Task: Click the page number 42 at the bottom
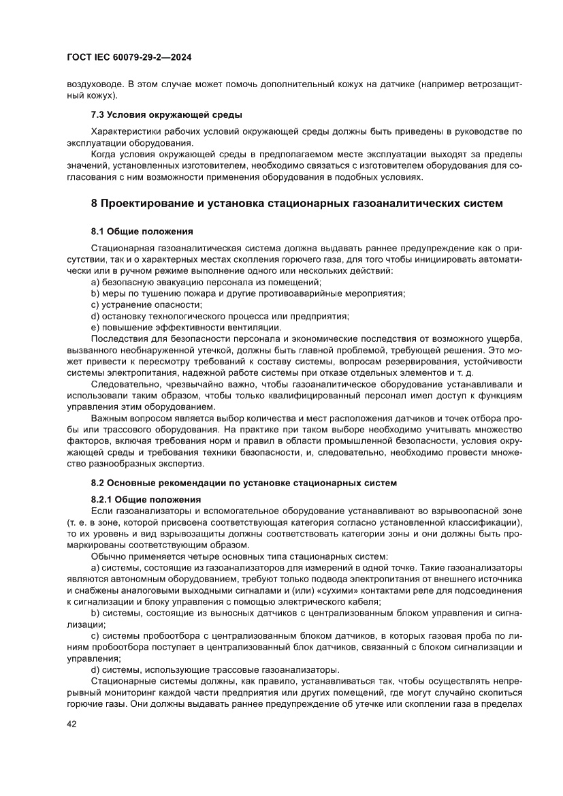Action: click(x=71, y=724)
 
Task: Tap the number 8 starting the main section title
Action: click(x=95, y=203)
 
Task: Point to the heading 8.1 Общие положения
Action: click(x=142, y=231)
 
